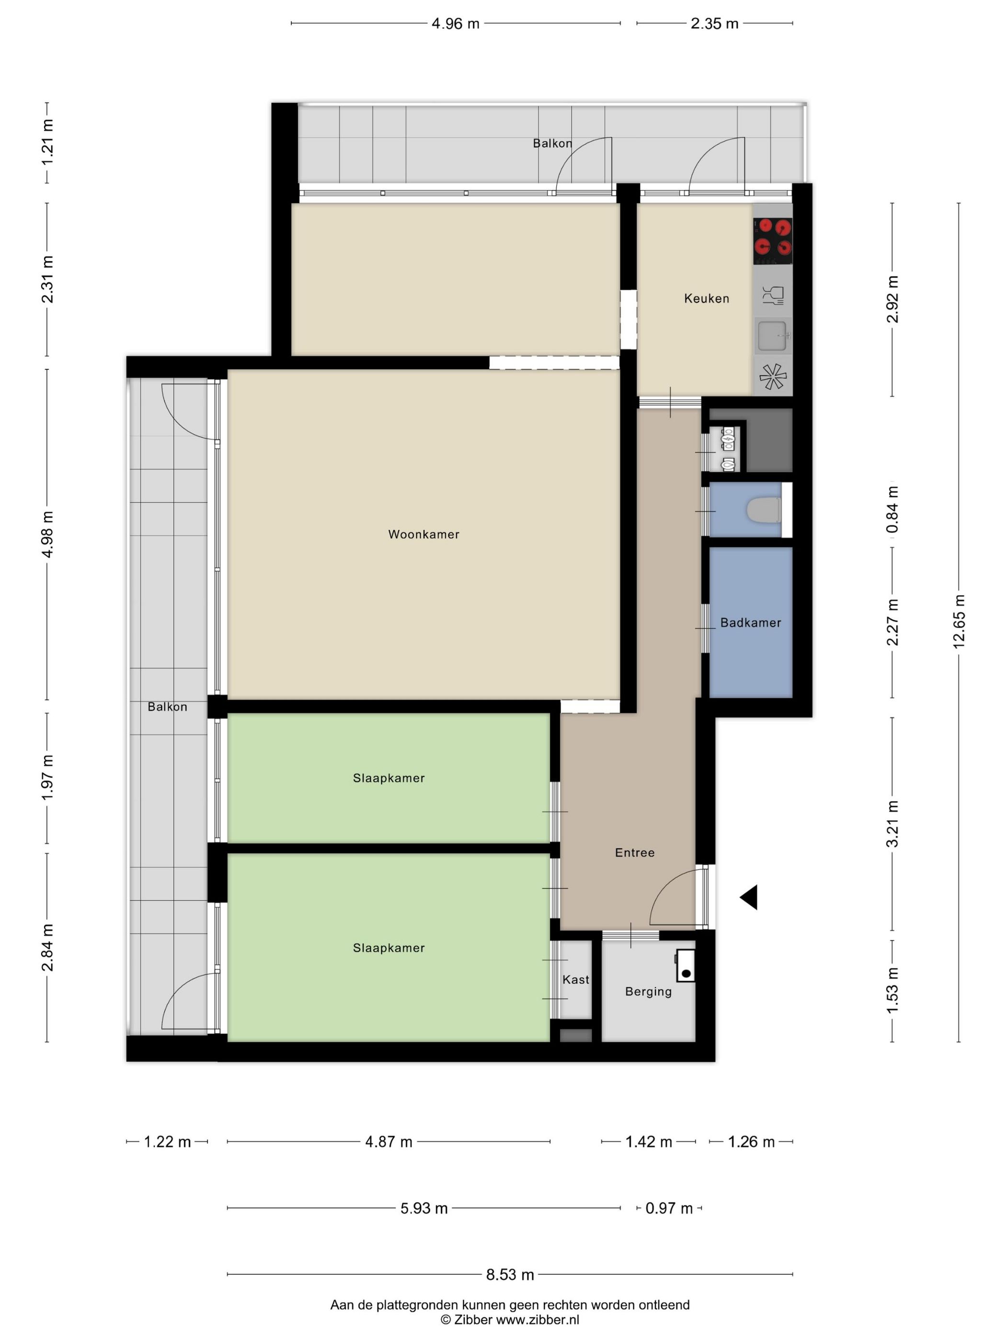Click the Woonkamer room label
423,534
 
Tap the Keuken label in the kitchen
707,299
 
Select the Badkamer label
750,623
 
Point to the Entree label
634,852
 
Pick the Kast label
575,980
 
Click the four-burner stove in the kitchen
773,241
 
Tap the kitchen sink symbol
773,335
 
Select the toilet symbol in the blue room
764,509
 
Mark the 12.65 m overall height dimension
958,622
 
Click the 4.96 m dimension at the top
456,23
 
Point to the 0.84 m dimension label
892,509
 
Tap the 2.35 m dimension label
714,23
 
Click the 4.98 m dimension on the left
48,534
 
